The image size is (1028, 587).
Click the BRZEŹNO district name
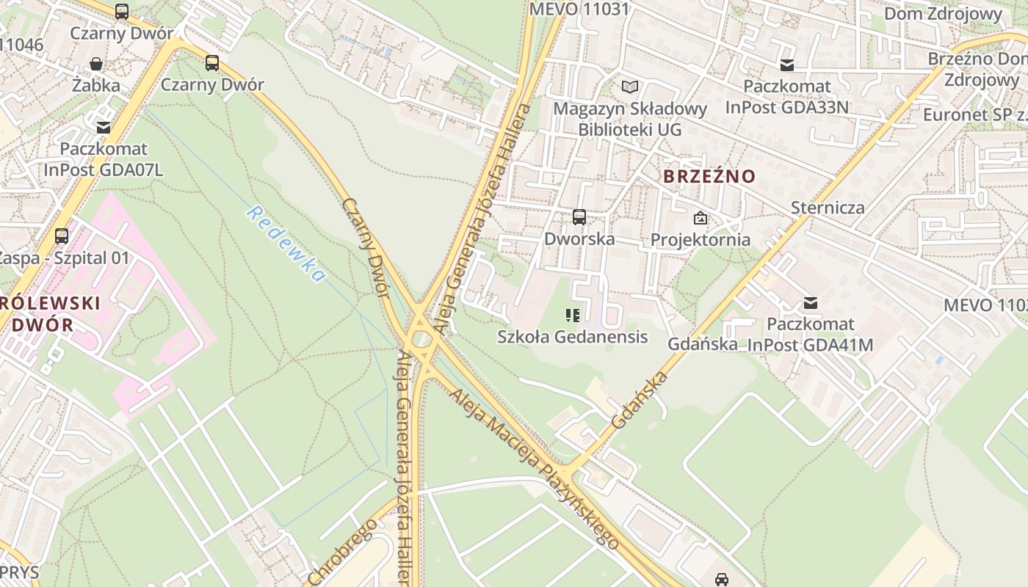(x=709, y=176)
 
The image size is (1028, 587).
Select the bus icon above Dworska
(x=579, y=217)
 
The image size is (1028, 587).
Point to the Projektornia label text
(x=701, y=240)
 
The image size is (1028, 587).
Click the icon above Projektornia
(x=701, y=218)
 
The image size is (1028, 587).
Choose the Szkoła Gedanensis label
(x=573, y=337)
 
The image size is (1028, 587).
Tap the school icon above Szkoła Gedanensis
(x=573, y=316)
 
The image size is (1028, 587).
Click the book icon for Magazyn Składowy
(x=630, y=87)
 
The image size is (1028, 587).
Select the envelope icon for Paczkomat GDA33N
(x=787, y=65)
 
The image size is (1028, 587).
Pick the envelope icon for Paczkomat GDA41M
(x=811, y=302)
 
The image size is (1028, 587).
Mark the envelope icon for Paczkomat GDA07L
(x=103, y=128)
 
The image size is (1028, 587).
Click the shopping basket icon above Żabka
(x=96, y=65)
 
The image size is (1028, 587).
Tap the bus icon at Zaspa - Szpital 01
(x=62, y=236)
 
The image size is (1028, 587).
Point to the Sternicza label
(x=828, y=208)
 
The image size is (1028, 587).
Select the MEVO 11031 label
(x=579, y=9)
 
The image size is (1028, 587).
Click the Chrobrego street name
(x=344, y=552)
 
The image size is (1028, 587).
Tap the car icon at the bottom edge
(x=722, y=579)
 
